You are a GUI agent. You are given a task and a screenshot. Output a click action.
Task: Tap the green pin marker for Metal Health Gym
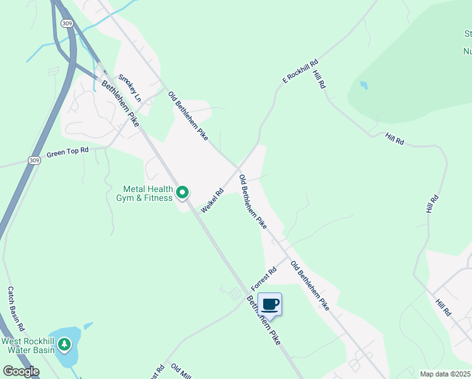[x=182, y=192]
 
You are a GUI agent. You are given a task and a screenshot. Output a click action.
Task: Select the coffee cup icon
[x=270, y=305]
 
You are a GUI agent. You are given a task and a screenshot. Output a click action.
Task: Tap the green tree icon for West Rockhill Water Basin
[x=64, y=345]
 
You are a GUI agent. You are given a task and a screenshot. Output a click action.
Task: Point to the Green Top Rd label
[x=68, y=152]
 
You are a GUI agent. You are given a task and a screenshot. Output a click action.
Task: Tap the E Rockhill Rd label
[x=300, y=71]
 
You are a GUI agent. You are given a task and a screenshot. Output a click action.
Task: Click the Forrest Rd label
[x=264, y=279]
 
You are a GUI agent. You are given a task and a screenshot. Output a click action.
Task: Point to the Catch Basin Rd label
[x=15, y=309]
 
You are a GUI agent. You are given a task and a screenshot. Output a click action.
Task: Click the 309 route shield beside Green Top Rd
[x=34, y=161]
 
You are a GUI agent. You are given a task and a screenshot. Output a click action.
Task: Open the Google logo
[x=20, y=371]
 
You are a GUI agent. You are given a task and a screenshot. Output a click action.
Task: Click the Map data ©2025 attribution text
[x=445, y=374]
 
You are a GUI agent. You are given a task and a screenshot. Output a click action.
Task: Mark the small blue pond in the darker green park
[x=363, y=85]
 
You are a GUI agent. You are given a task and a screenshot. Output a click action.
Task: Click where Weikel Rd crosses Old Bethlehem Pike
[x=239, y=169]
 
